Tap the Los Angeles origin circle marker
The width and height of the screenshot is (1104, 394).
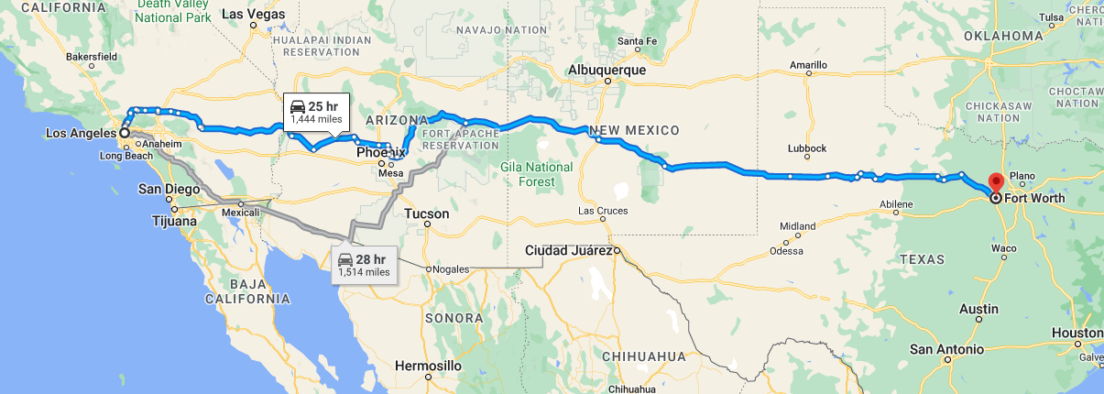tap(124, 133)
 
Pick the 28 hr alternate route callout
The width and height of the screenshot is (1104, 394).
tap(364, 264)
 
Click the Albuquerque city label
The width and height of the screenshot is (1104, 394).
tap(607, 70)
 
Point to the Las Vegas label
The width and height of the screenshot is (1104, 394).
tap(254, 15)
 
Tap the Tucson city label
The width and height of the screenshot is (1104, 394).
tap(426, 213)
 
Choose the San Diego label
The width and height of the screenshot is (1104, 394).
tap(169, 190)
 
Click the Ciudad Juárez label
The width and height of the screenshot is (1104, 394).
tap(568, 250)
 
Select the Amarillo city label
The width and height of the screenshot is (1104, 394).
tap(810, 65)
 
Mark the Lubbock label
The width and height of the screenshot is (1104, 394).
tap(807, 148)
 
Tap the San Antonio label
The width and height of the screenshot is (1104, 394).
tap(946, 349)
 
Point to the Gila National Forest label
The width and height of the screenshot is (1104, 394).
tap(537, 174)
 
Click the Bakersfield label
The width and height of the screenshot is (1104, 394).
tap(93, 56)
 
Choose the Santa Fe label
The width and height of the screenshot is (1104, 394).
tap(638, 41)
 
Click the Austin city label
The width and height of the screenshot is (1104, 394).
tap(978, 310)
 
